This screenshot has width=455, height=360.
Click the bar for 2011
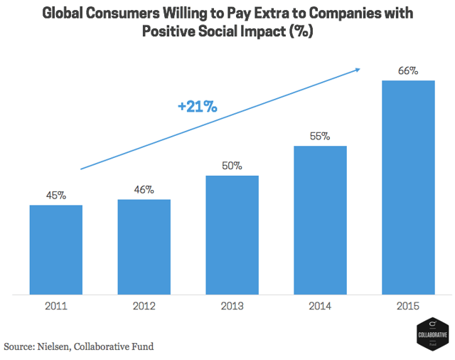pos(55,249)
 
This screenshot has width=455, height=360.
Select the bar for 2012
pos(144,246)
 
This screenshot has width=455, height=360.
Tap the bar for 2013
pos(232,234)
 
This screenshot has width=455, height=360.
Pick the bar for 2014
pos(320,219)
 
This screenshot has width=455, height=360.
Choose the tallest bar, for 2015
pos(408,186)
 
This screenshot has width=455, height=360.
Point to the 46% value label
pos(144,190)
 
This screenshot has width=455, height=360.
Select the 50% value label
pos(232,166)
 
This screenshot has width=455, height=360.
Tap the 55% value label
pos(320,137)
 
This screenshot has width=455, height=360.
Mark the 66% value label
pos(408,71)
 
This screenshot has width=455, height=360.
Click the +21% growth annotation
pos(197,107)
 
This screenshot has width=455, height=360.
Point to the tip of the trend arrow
pos(360,68)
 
